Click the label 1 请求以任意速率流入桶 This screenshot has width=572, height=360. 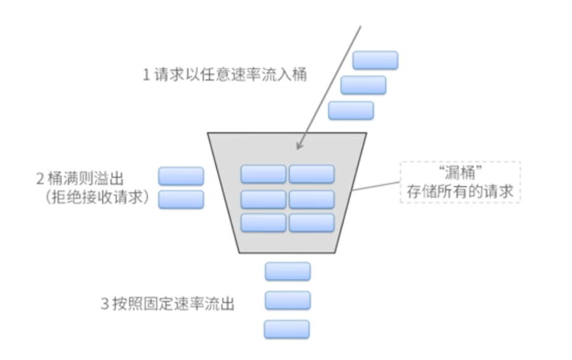(x=224, y=75)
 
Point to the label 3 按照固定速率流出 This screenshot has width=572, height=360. (x=167, y=303)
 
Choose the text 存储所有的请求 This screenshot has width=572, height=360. (x=459, y=191)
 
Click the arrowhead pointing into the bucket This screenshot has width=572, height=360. (x=299, y=146)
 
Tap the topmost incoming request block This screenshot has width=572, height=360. (x=375, y=60)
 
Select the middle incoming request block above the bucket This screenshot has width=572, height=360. (x=363, y=85)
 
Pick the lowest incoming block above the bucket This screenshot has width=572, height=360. (x=351, y=110)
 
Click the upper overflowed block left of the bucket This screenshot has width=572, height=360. (x=181, y=176)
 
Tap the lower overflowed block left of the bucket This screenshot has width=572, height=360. (x=181, y=199)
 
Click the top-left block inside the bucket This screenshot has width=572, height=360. (x=263, y=174)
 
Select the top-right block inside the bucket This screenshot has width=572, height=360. (x=312, y=174)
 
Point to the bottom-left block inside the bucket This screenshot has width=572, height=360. (x=263, y=223)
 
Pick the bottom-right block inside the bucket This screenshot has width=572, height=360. (x=312, y=223)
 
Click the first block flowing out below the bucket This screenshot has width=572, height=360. (x=288, y=271)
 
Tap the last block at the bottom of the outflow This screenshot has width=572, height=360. (x=287, y=329)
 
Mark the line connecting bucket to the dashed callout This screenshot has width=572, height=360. (x=377, y=185)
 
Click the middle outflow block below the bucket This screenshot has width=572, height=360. (x=288, y=300)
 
